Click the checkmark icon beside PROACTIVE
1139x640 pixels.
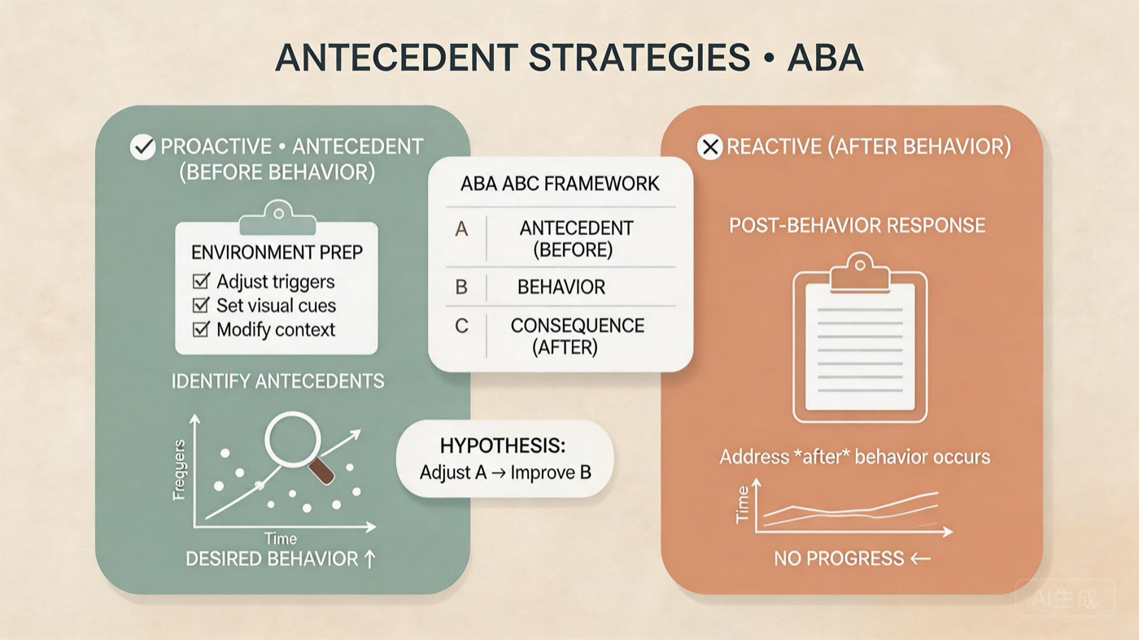click(142, 147)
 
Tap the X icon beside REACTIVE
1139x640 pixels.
click(710, 147)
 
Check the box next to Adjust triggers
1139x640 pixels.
click(200, 281)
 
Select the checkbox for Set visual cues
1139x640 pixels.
click(200, 306)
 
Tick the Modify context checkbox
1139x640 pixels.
click(200, 329)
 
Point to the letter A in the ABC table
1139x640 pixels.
click(461, 229)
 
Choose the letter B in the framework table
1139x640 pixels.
click(461, 287)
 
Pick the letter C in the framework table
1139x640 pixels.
click(461, 326)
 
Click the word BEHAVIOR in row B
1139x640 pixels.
click(561, 287)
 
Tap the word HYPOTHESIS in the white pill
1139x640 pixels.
click(502, 446)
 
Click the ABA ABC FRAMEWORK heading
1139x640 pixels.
click(560, 184)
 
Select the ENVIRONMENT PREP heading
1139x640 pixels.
click(276, 252)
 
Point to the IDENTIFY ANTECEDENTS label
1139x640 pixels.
click(277, 381)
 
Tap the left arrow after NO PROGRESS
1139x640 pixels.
click(921, 559)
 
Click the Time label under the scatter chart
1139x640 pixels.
click(281, 538)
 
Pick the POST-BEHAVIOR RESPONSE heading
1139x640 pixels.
click(857, 225)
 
